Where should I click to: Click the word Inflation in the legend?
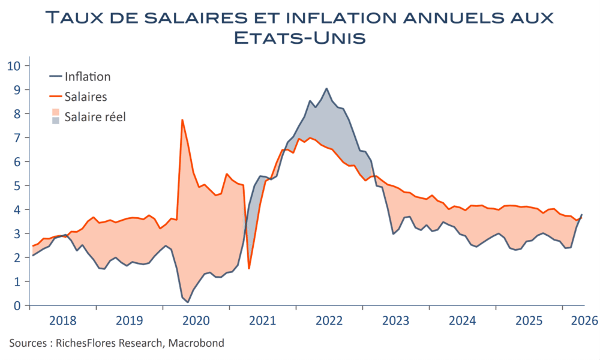(88, 77)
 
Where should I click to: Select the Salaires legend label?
(86, 97)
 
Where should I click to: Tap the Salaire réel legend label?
(95, 116)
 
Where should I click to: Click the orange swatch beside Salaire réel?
(56, 112)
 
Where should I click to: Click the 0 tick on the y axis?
(17, 305)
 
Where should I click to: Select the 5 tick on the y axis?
(17, 185)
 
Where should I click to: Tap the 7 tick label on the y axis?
(17, 137)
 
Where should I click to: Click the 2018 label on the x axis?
(63, 320)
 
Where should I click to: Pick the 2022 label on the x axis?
(329, 320)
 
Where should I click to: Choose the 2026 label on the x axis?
(584, 320)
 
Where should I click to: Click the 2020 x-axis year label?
(196, 320)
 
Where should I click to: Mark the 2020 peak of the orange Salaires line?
(182, 120)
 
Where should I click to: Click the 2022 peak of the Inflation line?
(326, 88)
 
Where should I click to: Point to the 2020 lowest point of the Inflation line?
(188, 302)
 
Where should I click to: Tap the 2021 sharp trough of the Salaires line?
(249, 269)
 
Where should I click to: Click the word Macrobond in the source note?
(196, 343)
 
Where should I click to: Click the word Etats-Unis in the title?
(299, 38)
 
